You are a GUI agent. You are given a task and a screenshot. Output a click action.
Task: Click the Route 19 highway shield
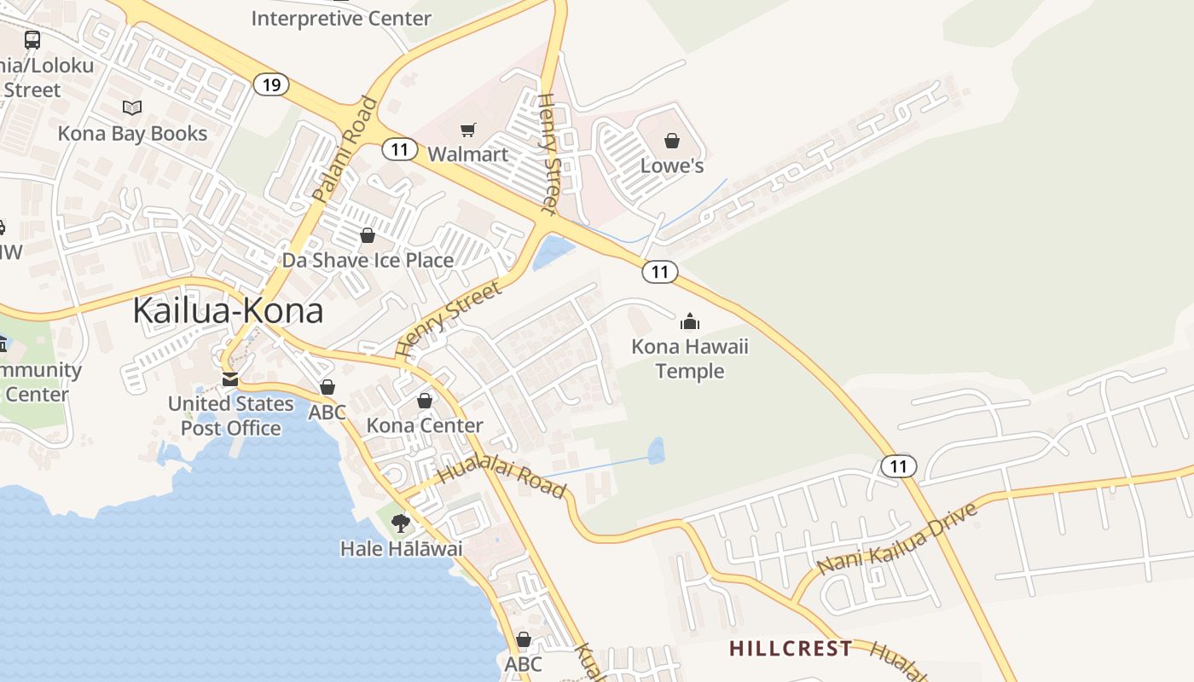(271, 84)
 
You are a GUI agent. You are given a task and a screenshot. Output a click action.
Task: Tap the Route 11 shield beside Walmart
(399, 149)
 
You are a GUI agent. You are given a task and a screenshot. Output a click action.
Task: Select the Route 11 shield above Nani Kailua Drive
(898, 465)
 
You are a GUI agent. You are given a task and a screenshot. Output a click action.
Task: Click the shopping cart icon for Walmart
(467, 130)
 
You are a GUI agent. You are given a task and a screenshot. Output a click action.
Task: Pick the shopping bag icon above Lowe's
(672, 141)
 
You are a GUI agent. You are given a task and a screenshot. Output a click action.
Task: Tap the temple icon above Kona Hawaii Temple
(689, 321)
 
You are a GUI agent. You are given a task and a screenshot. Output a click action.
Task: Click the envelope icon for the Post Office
(230, 379)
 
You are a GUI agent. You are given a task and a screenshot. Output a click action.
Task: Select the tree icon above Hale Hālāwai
(400, 523)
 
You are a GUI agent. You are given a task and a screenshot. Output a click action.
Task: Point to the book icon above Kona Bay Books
(132, 108)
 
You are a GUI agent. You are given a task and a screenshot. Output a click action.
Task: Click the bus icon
(32, 39)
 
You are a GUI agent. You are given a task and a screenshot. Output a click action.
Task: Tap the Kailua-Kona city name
(228, 311)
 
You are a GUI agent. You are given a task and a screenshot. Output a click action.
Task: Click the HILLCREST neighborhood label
(791, 649)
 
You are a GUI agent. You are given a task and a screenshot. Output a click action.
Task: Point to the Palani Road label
(345, 150)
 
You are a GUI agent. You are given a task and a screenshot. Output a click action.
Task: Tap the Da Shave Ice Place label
(368, 260)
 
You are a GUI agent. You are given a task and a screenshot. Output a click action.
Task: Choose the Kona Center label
(425, 425)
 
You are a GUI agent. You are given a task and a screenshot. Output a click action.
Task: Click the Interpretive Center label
(341, 18)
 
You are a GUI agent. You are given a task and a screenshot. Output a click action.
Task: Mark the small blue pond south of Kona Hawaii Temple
(656, 450)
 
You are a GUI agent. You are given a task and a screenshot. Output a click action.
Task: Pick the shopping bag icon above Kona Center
(425, 401)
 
